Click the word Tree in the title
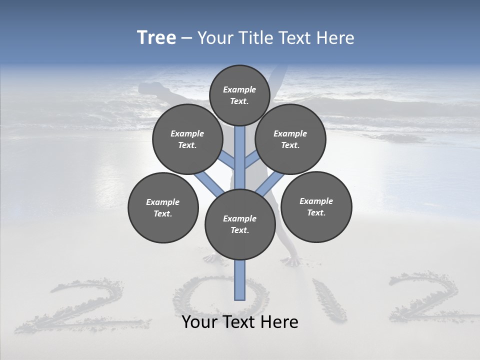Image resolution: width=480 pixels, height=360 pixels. (156, 38)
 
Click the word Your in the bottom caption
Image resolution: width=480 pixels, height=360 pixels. (200, 322)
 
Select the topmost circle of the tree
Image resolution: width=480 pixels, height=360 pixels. (239, 95)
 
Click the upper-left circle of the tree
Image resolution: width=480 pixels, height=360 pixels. (187, 139)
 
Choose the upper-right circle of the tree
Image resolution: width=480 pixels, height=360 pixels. (290, 139)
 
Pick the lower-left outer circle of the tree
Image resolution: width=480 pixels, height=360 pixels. (163, 207)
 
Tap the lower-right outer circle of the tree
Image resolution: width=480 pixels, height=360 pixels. (316, 206)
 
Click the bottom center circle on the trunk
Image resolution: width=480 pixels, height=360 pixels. (240, 224)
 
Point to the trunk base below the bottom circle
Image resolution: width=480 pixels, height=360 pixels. (240, 280)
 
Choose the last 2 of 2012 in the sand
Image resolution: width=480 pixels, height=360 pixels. (425, 297)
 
